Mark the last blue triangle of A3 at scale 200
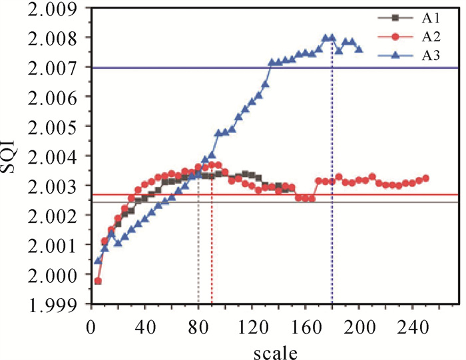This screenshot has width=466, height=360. [359, 49]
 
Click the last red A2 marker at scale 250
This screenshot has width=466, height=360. [426, 178]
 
